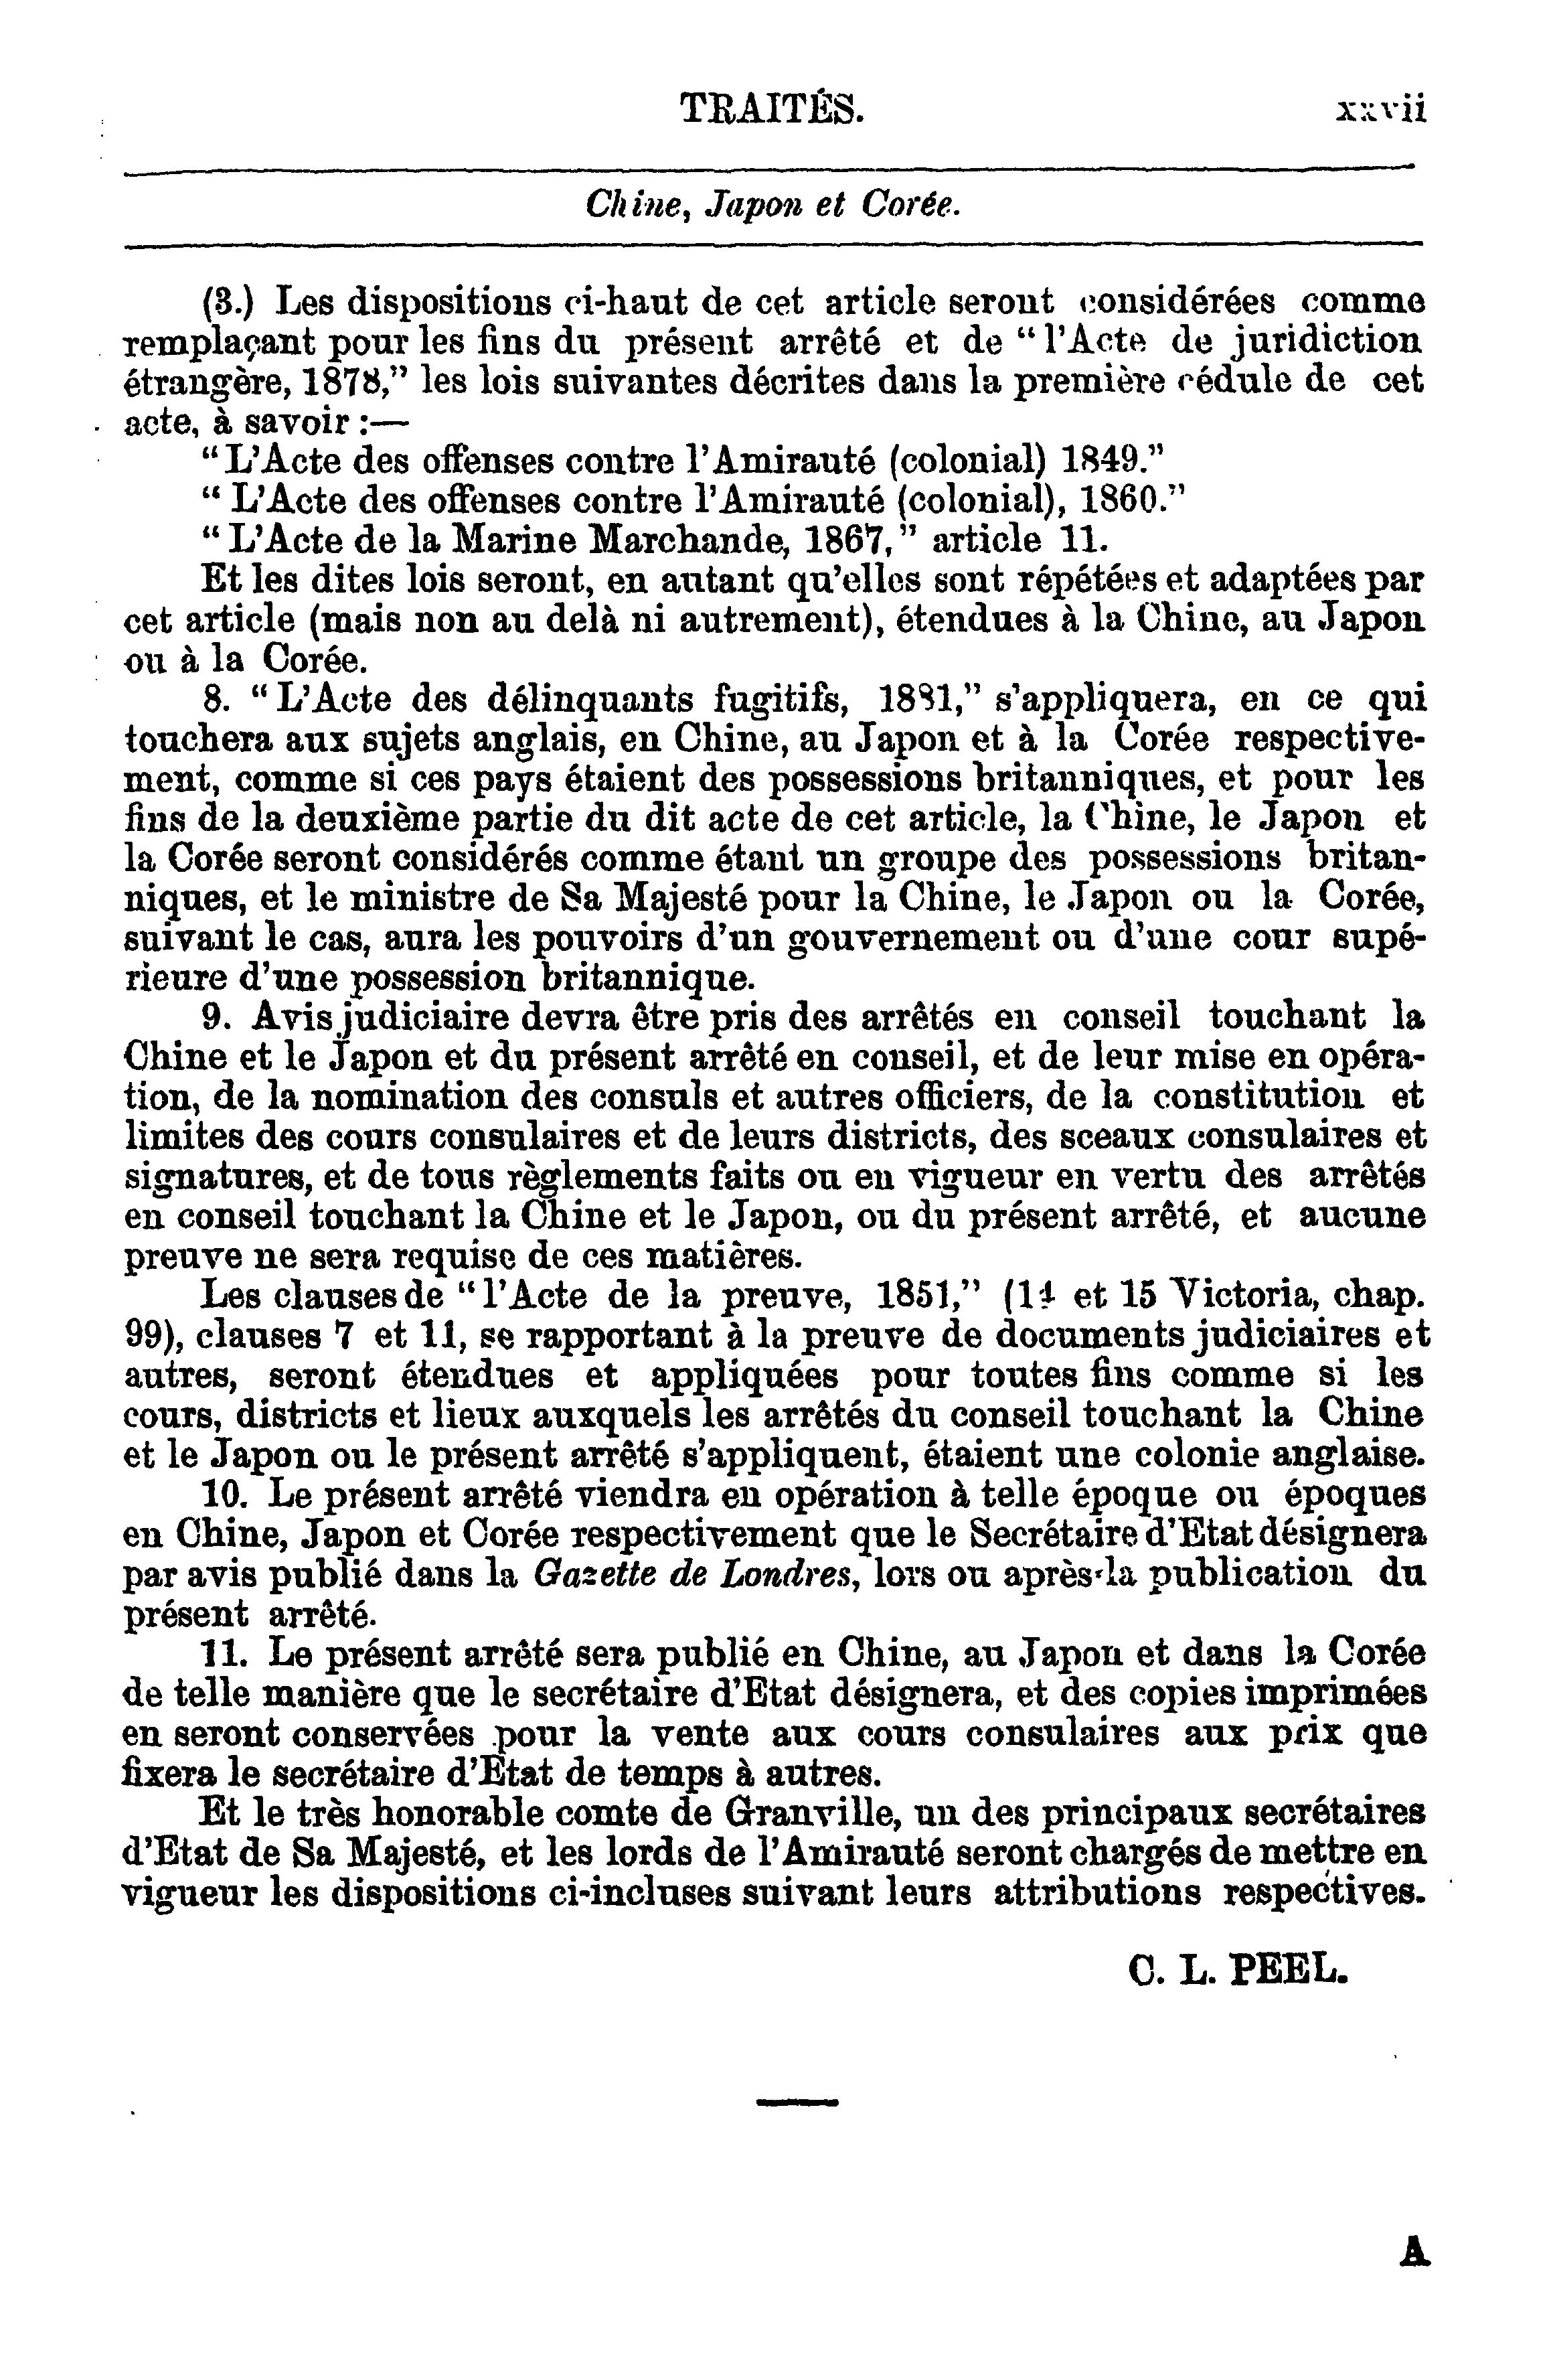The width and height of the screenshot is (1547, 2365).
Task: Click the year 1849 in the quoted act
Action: [1105, 461]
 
